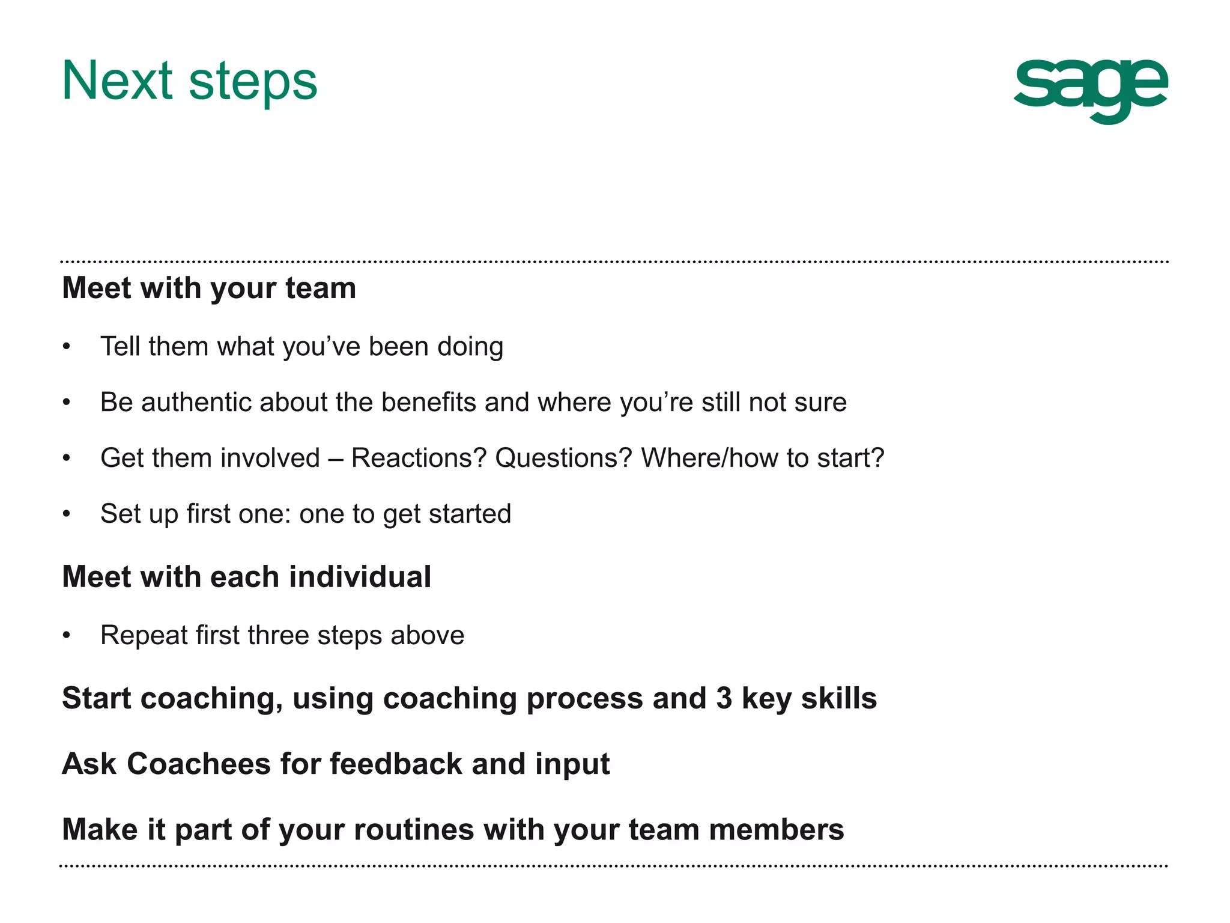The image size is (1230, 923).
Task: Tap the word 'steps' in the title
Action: coord(253,84)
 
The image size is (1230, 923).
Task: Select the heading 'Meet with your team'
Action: coord(209,288)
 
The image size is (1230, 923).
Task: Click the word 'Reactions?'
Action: coord(419,458)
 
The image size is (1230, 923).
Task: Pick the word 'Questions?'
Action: coord(563,458)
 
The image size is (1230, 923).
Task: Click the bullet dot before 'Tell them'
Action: coord(67,347)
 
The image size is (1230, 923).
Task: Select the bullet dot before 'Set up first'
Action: coord(67,514)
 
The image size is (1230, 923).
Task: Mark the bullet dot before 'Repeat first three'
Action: coord(67,635)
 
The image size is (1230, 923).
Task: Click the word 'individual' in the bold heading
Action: coord(360,577)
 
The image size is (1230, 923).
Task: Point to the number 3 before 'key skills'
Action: coord(724,698)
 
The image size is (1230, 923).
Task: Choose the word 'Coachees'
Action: coord(199,764)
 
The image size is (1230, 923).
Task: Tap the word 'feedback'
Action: coord(396,764)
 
